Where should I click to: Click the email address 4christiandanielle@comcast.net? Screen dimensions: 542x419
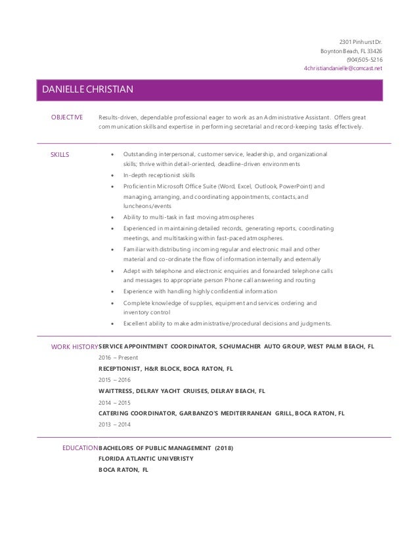[343, 68]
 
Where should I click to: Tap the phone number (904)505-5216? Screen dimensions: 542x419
[364, 59]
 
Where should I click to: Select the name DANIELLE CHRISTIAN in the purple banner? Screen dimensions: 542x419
[89, 90]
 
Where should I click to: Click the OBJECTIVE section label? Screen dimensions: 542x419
[67, 117]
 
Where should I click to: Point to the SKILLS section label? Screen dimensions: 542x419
[60, 154]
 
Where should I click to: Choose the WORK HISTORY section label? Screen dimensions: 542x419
[74, 346]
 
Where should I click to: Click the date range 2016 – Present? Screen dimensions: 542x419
[114, 358]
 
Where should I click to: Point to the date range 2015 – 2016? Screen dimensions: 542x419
[114, 379]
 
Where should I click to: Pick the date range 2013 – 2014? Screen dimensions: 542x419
[114, 424]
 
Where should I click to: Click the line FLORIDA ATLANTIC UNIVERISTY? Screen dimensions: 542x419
[146, 459]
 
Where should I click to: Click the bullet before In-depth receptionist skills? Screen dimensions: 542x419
[114, 176]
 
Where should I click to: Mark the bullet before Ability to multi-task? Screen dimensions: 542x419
[114, 217]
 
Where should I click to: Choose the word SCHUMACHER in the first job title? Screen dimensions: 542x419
[250, 346]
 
